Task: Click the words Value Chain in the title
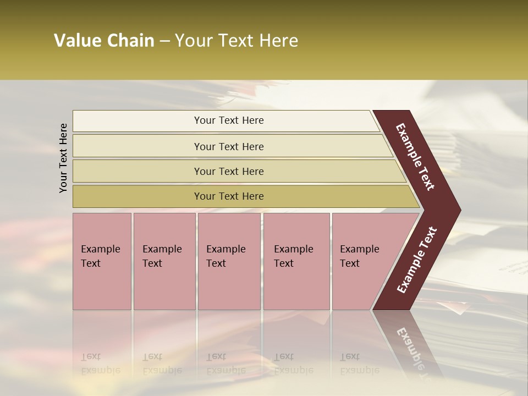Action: click(x=104, y=41)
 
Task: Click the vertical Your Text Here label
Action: click(x=63, y=158)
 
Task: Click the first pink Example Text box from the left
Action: click(x=102, y=261)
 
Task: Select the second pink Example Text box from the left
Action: click(x=164, y=261)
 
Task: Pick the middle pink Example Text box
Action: click(x=229, y=261)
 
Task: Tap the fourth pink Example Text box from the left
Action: click(x=296, y=261)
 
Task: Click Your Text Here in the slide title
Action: click(x=237, y=41)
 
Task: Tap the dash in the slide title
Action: click(x=164, y=41)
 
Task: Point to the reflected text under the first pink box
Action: click(x=101, y=363)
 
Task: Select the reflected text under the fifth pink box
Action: click(x=359, y=363)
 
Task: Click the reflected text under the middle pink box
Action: click(x=226, y=363)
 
